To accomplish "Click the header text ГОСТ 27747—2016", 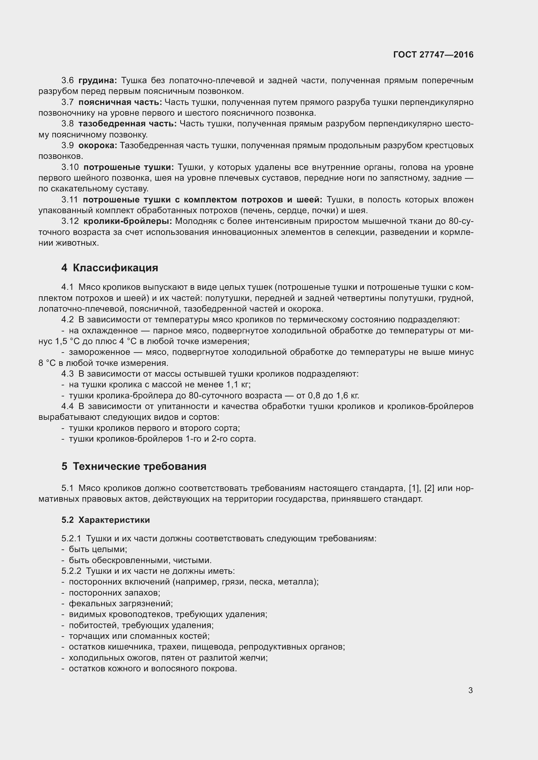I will (433, 55).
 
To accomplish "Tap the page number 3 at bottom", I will (470, 690).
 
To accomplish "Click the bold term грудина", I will (97, 81).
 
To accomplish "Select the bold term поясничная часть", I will (120, 102).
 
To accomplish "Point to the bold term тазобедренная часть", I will (127, 124).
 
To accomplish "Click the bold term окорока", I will (98, 145).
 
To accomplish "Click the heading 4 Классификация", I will (110, 268).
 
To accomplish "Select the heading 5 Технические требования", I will (134, 466).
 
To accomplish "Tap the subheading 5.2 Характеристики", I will (105, 520).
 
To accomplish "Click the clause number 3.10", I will (70, 167).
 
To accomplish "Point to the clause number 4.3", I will (68, 374).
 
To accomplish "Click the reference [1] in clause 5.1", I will (414, 488).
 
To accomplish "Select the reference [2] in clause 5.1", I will (429, 488).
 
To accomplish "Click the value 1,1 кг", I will (238, 385).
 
